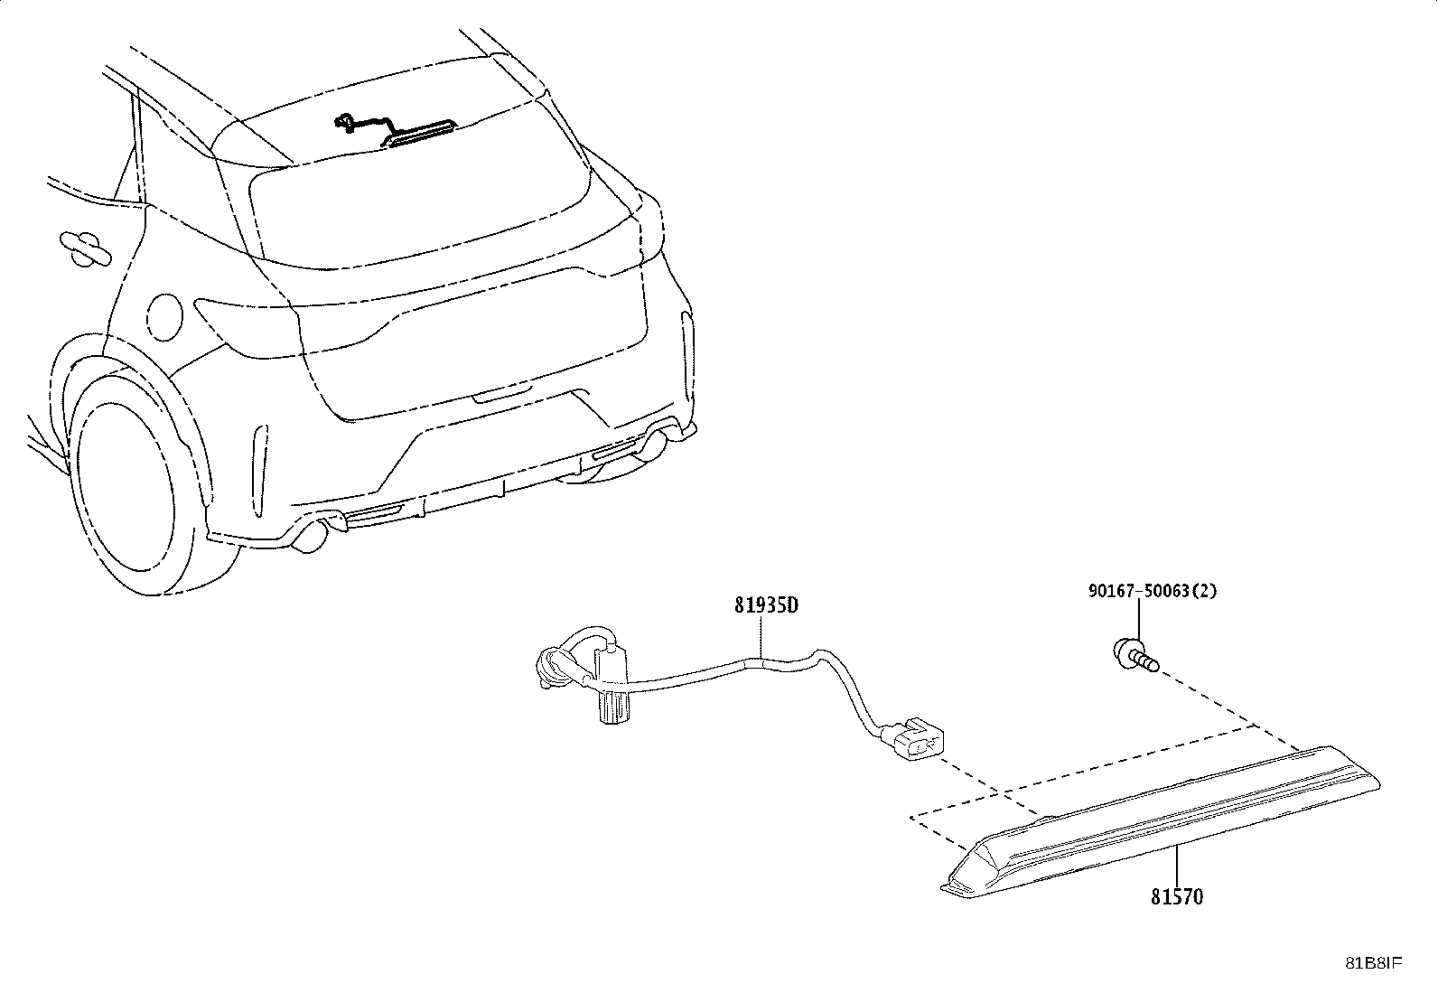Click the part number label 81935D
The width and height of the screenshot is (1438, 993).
tap(767, 605)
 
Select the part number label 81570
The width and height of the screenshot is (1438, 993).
tap(1177, 896)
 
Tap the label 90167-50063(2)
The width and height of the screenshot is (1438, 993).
tap(1153, 590)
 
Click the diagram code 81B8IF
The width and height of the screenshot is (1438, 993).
tap(1374, 963)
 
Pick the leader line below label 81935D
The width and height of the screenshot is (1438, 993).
tap(761, 636)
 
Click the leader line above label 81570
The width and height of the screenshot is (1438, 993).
tap(1176, 866)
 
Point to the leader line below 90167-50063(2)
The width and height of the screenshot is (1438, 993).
tap(1138, 621)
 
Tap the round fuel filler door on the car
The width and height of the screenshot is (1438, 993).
tap(165, 316)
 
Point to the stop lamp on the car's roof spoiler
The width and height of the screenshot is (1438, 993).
tap(418, 132)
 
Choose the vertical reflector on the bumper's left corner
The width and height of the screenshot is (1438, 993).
tap(259, 470)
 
